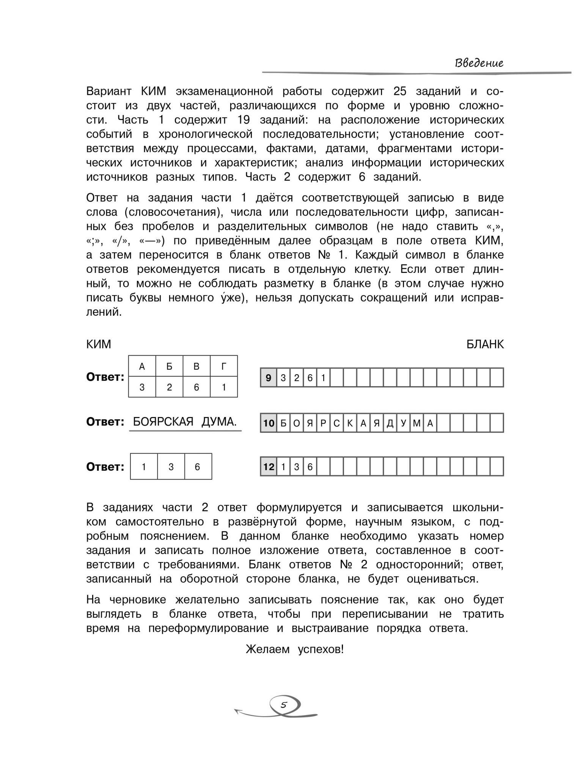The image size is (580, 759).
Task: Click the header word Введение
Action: [479, 63]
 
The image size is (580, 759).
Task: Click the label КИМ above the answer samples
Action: [99, 344]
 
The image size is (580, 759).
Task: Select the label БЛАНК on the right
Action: [485, 344]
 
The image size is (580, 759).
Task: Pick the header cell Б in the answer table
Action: [169, 366]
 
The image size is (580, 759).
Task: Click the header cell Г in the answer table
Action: [224, 366]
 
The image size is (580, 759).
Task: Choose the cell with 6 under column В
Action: [196, 387]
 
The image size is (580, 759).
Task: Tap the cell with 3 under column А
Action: [142, 387]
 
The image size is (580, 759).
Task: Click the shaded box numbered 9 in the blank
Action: [269, 378]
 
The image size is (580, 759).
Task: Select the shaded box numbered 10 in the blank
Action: [269, 423]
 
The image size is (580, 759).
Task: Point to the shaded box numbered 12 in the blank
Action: [269, 466]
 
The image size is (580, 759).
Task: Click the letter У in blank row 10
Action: [404, 423]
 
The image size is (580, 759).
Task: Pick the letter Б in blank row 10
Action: [283, 423]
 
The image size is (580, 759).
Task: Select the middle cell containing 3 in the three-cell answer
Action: [171, 467]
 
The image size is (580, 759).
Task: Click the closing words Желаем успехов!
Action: [295, 649]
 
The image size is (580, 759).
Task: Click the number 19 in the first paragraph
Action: [244, 120]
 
